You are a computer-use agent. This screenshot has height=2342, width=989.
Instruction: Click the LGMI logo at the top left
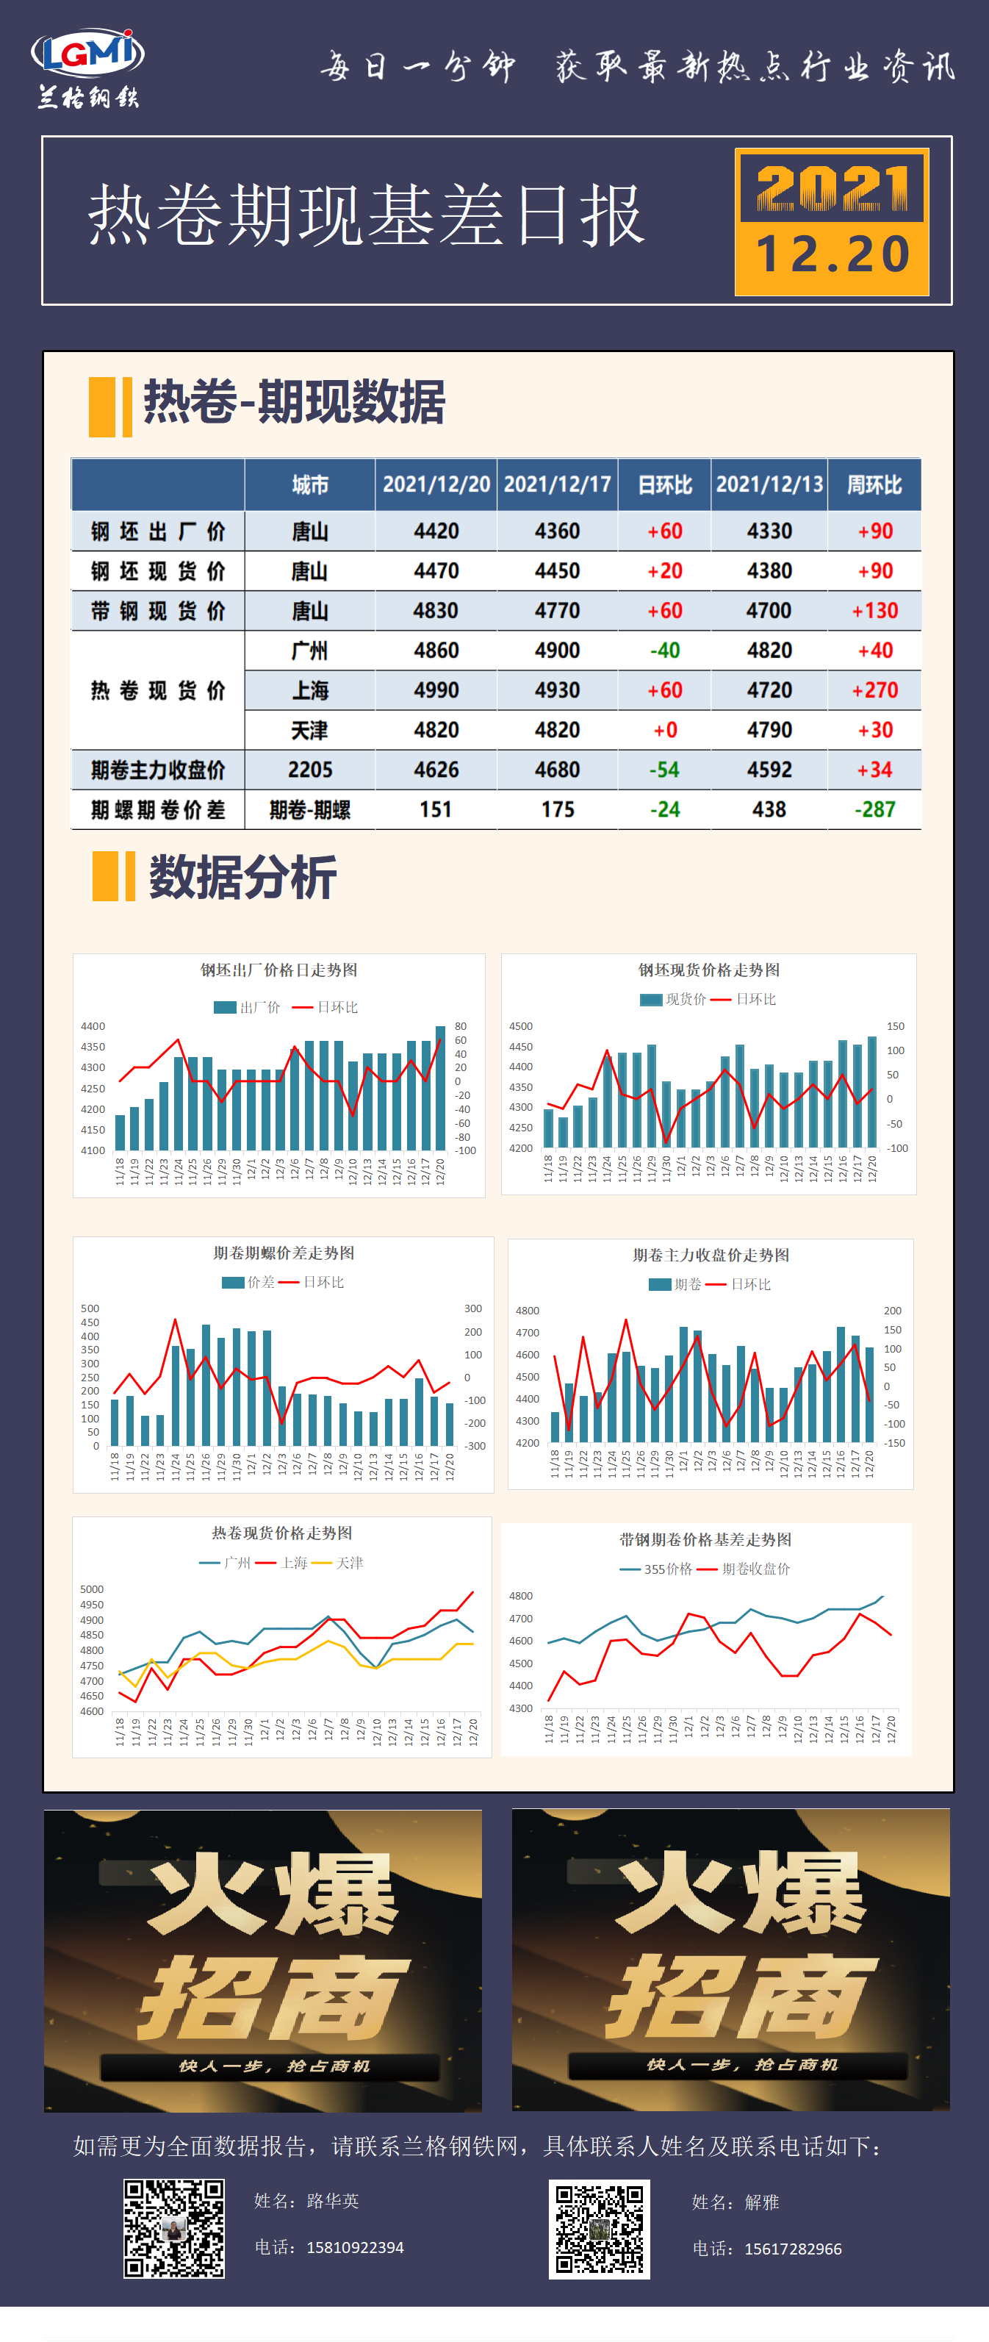point(88,68)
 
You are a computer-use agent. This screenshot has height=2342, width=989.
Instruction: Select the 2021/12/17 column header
point(557,484)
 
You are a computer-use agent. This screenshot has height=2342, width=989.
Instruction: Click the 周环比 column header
point(874,484)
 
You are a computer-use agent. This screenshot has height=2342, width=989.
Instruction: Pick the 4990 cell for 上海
point(436,690)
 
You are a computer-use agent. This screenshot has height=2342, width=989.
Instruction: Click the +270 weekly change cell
point(874,690)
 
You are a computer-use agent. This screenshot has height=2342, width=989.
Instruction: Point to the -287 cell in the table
point(874,809)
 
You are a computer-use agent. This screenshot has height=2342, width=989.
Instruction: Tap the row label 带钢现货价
point(157,611)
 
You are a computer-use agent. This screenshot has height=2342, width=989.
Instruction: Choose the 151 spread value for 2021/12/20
point(436,809)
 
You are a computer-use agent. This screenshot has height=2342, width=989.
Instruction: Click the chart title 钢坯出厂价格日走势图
point(278,970)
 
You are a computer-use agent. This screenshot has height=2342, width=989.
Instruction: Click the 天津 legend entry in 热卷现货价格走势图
point(349,1563)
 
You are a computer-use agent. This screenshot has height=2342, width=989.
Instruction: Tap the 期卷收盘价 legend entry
point(755,1569)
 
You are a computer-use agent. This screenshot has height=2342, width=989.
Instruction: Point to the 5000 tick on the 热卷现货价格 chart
point(92,1589)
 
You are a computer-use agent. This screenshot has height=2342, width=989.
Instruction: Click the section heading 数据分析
point(242,878)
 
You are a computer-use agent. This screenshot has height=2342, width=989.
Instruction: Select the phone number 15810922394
point(354,2247)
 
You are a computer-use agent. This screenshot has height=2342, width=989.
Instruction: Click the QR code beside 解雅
point(599,2228)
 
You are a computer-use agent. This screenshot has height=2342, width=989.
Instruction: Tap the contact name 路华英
point(333,2200)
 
